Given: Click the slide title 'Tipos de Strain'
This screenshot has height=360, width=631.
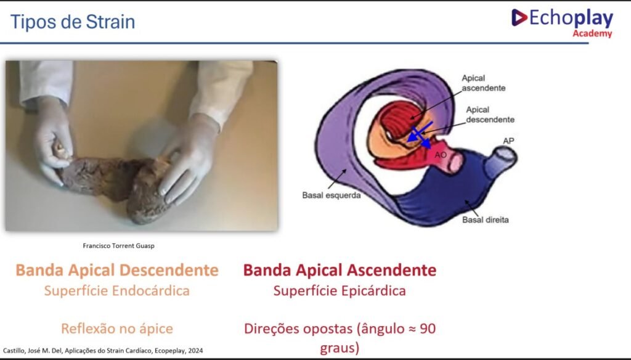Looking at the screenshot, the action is pos(73,22).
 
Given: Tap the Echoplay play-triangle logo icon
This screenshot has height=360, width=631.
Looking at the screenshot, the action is pos(519,17).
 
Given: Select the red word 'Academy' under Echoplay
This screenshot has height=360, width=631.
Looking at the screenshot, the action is pos(592,34).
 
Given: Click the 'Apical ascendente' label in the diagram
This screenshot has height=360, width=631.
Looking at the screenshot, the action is pos(483,83).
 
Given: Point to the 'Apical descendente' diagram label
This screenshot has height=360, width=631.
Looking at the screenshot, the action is pos(490,115).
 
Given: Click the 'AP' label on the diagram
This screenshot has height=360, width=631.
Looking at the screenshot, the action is pos(508,141).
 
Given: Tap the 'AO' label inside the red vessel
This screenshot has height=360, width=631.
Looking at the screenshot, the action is pos(441,155).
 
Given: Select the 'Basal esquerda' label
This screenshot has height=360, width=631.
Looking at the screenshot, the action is pos(331,195).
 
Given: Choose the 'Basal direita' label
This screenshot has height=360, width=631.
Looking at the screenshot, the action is pos(486,220).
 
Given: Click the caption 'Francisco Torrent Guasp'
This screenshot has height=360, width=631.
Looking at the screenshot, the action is pos(119,245).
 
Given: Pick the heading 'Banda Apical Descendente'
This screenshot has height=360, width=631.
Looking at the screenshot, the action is pos(117,270).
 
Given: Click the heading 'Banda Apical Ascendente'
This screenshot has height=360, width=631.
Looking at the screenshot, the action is pos(340,270).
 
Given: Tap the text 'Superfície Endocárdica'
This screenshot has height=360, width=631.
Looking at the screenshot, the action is pos(116,291).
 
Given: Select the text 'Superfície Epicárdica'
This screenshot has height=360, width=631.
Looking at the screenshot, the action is pos(340,291).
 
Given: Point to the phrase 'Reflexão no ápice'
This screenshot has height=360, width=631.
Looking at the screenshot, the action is pos(116,329).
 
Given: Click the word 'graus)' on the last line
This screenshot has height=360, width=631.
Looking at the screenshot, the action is pos(340,348).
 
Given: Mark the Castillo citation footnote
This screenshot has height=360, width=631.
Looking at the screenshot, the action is pos(103,351).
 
